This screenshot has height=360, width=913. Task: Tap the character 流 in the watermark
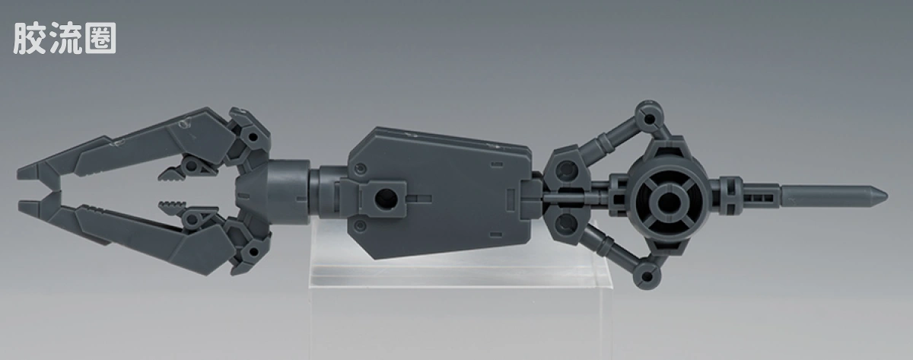tap(65, 38)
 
